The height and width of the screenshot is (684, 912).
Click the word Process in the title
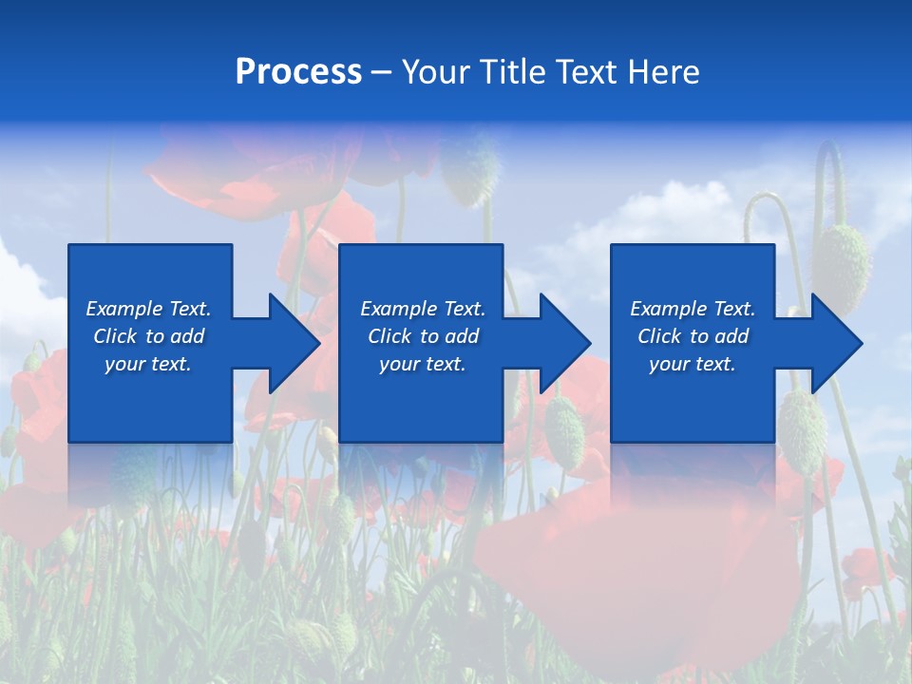tap(298, 72)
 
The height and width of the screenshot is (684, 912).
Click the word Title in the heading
tap(510, 72)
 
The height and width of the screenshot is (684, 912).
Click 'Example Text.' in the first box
tap(148, 309)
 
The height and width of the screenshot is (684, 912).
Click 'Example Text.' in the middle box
tap(423, 309)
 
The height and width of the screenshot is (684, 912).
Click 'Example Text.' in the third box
tap(693, 309)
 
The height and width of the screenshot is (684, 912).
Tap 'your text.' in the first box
tap(148, 364)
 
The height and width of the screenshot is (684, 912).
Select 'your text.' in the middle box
tap(423, 364)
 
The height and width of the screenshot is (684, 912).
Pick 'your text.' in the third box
tap(693, 364)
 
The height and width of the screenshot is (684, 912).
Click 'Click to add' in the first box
tap(148, 336)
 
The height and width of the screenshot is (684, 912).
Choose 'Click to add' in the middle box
tap(423, 336)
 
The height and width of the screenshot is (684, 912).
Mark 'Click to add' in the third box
tap(693, 336)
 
